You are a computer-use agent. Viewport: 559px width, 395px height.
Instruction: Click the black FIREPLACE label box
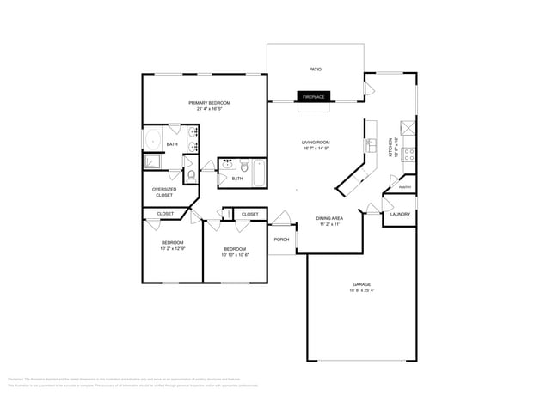(x=312, y=97)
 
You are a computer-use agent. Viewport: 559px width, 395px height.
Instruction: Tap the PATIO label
(x=315, y=70)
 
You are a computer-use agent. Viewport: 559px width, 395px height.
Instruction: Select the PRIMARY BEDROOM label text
(x=213, y=102)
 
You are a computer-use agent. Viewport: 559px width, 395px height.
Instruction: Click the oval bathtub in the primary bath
(x=154, y=141)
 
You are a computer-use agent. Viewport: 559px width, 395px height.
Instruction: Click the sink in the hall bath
(x=228, y=163)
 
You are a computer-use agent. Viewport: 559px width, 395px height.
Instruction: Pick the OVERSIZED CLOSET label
(x=163, y=191)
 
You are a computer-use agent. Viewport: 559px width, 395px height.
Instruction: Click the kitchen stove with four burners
(x=409, y=155)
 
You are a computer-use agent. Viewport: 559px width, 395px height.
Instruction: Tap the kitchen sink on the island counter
(x=372, y=143)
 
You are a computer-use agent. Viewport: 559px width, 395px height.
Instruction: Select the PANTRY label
(x=405, y=187)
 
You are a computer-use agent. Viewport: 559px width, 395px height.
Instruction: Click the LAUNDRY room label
(x=400, y=214)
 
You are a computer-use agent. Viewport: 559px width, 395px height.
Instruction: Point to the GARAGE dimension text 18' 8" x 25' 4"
(x=361, y=289)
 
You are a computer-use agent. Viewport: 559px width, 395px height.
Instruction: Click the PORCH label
(x=281, y=240)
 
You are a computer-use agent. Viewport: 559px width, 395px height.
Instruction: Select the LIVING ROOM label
(x=316, y=142)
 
